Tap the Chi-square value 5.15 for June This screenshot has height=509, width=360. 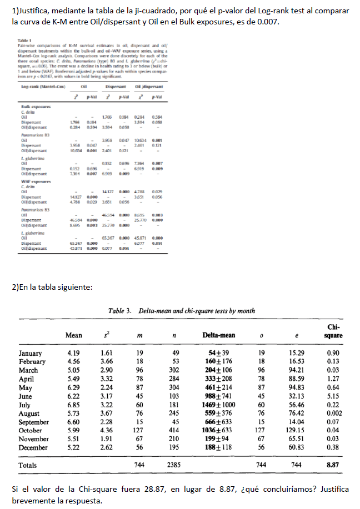click(333, 397)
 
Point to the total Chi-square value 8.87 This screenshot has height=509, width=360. click(333, 465)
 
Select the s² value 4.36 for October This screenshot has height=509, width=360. click(107, 430)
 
